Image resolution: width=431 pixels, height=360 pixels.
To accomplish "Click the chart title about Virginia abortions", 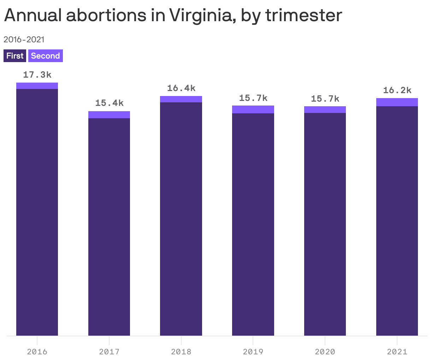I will click(x=173, y=15).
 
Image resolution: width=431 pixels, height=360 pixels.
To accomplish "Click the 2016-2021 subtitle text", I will click(x=24, y=39).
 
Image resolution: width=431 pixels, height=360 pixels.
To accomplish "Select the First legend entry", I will click(x=15, y=56).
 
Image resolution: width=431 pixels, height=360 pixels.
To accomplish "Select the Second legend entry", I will click(x=45, y=56).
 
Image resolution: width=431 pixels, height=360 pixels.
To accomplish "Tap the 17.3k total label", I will click(x=37, y=75).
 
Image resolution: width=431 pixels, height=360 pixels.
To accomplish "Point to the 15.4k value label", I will click(x=109, y=103).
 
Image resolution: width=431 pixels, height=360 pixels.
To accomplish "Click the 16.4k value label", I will click(x=181, y=88).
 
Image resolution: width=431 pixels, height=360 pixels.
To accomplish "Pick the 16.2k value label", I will click(x=397, y=90).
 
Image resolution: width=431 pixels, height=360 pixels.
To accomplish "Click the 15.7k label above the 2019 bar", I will click(x=253, y=98).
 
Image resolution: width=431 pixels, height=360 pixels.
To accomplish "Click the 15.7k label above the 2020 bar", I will click(x=325, y=99).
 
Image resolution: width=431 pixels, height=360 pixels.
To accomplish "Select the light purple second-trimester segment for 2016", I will click(x=37, y=86).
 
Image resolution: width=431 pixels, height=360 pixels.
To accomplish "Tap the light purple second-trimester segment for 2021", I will click(x=397, y=102).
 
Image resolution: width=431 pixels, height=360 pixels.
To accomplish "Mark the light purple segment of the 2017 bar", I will click(x=109, y=115).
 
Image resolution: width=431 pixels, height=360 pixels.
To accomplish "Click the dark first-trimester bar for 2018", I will click(x=181, y=219).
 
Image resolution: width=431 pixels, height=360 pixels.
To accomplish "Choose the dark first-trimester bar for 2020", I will click(x=325, y=224).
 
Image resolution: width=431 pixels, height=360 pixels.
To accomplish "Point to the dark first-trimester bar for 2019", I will click(x=253, y=224).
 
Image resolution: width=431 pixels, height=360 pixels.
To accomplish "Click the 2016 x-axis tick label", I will click(x=37, y=352).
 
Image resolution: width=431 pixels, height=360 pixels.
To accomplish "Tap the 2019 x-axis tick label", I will click(x=253, y=352).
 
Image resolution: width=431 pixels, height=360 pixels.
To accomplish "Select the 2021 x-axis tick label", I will click(x=397, y=352).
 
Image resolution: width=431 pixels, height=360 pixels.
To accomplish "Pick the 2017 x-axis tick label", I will click(x=109, y=352).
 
